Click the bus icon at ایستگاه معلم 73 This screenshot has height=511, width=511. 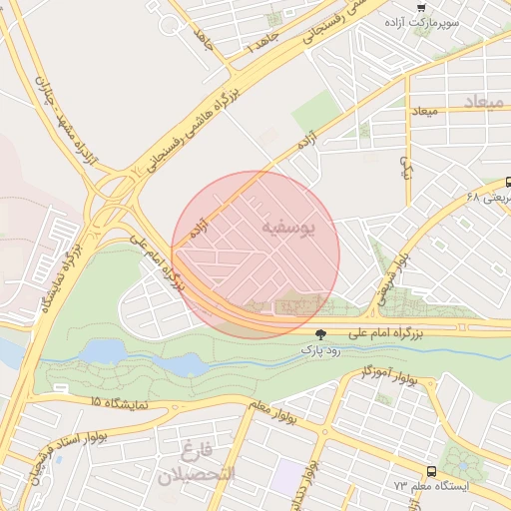click(x=431, y=470)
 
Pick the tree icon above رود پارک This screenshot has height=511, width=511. click(x=320, y=335)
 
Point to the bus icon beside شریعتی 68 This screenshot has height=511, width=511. click(x=508, y=183)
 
